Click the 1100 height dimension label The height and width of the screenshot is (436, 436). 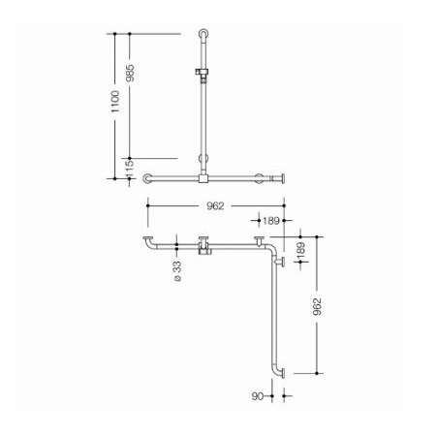(115, 102)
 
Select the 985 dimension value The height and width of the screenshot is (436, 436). (130, 73)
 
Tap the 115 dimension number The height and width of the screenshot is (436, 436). (130, 169)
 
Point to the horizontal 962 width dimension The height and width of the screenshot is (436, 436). (215, 205)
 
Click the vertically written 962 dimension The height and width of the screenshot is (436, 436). (317, 306)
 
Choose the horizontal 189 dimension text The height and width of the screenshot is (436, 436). (270, 221)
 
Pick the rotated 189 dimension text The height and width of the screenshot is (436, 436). (300, 250)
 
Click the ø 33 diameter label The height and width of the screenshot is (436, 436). (177, 271)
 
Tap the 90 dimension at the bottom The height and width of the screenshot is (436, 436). (258, 396)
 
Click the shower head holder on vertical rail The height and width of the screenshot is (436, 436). (202, 73)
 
